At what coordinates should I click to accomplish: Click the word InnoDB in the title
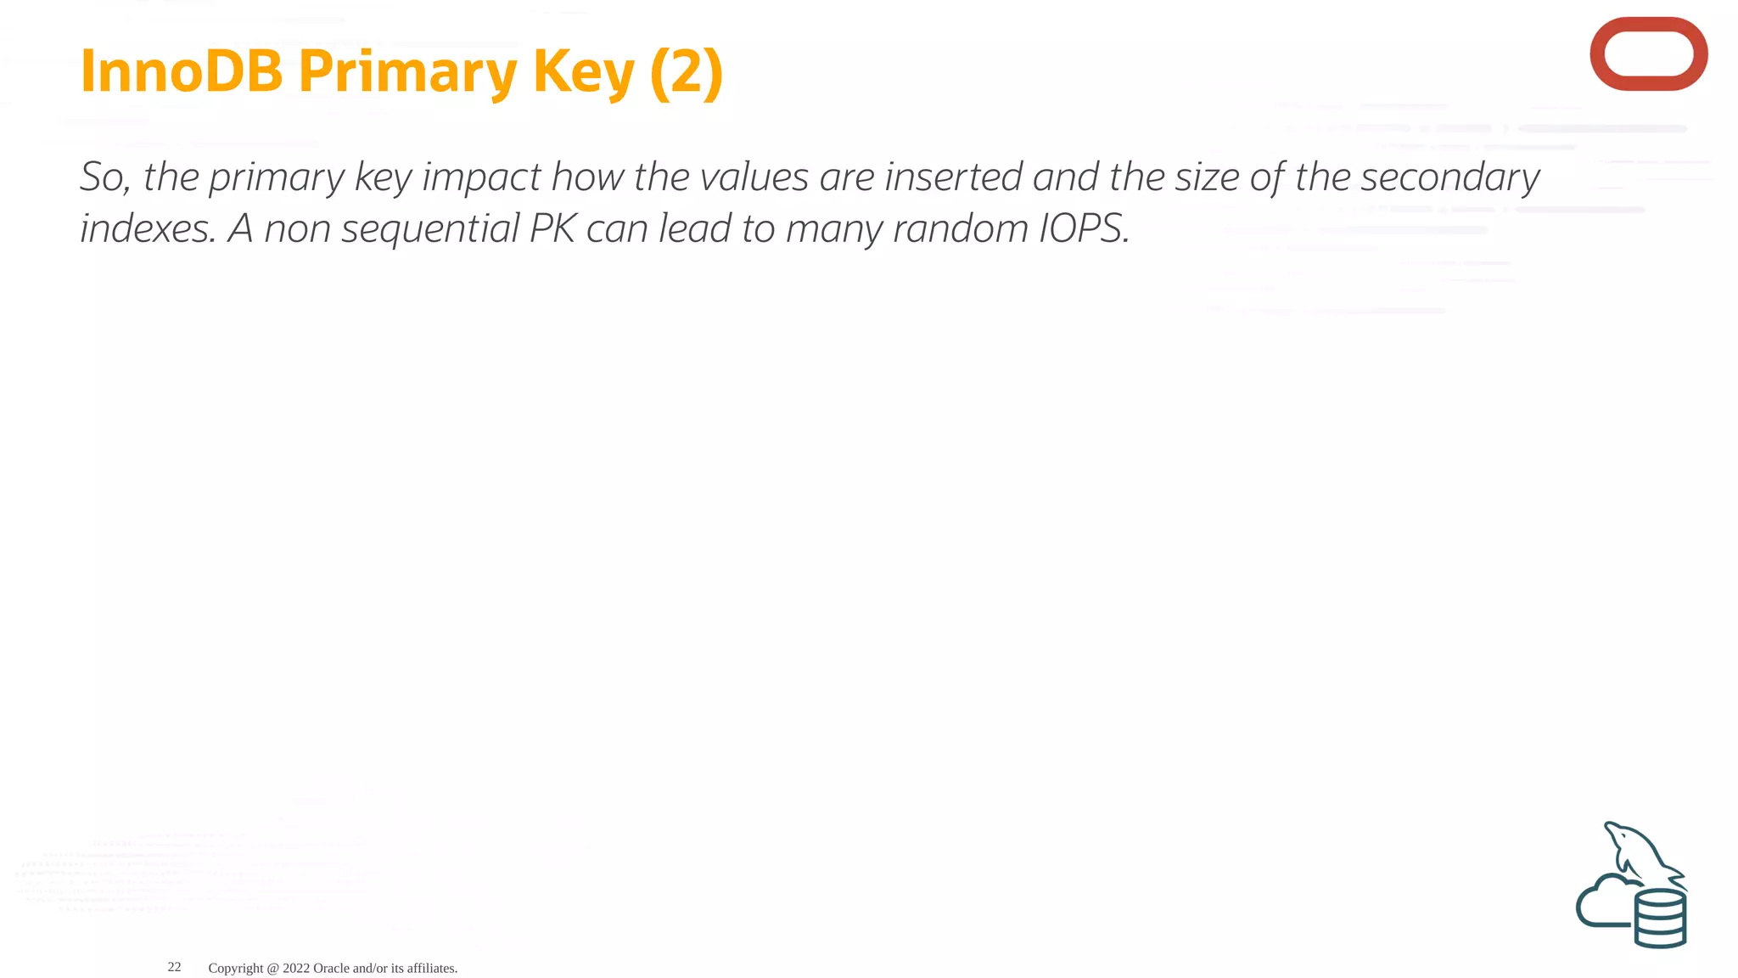pos(181,71)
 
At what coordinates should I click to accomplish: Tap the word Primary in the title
pos(406,71)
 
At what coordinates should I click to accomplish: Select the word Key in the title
pos(584,71)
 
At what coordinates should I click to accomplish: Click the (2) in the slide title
pos(687,71)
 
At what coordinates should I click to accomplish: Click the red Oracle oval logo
pos(1648,53)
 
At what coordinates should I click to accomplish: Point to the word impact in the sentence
pos(481,177)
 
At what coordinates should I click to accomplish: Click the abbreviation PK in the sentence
pos(552,229)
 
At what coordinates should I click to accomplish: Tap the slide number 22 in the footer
pos(174,967)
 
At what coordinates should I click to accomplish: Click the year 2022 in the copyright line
pos(296,968)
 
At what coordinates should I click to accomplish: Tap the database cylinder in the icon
pos(1660,919)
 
